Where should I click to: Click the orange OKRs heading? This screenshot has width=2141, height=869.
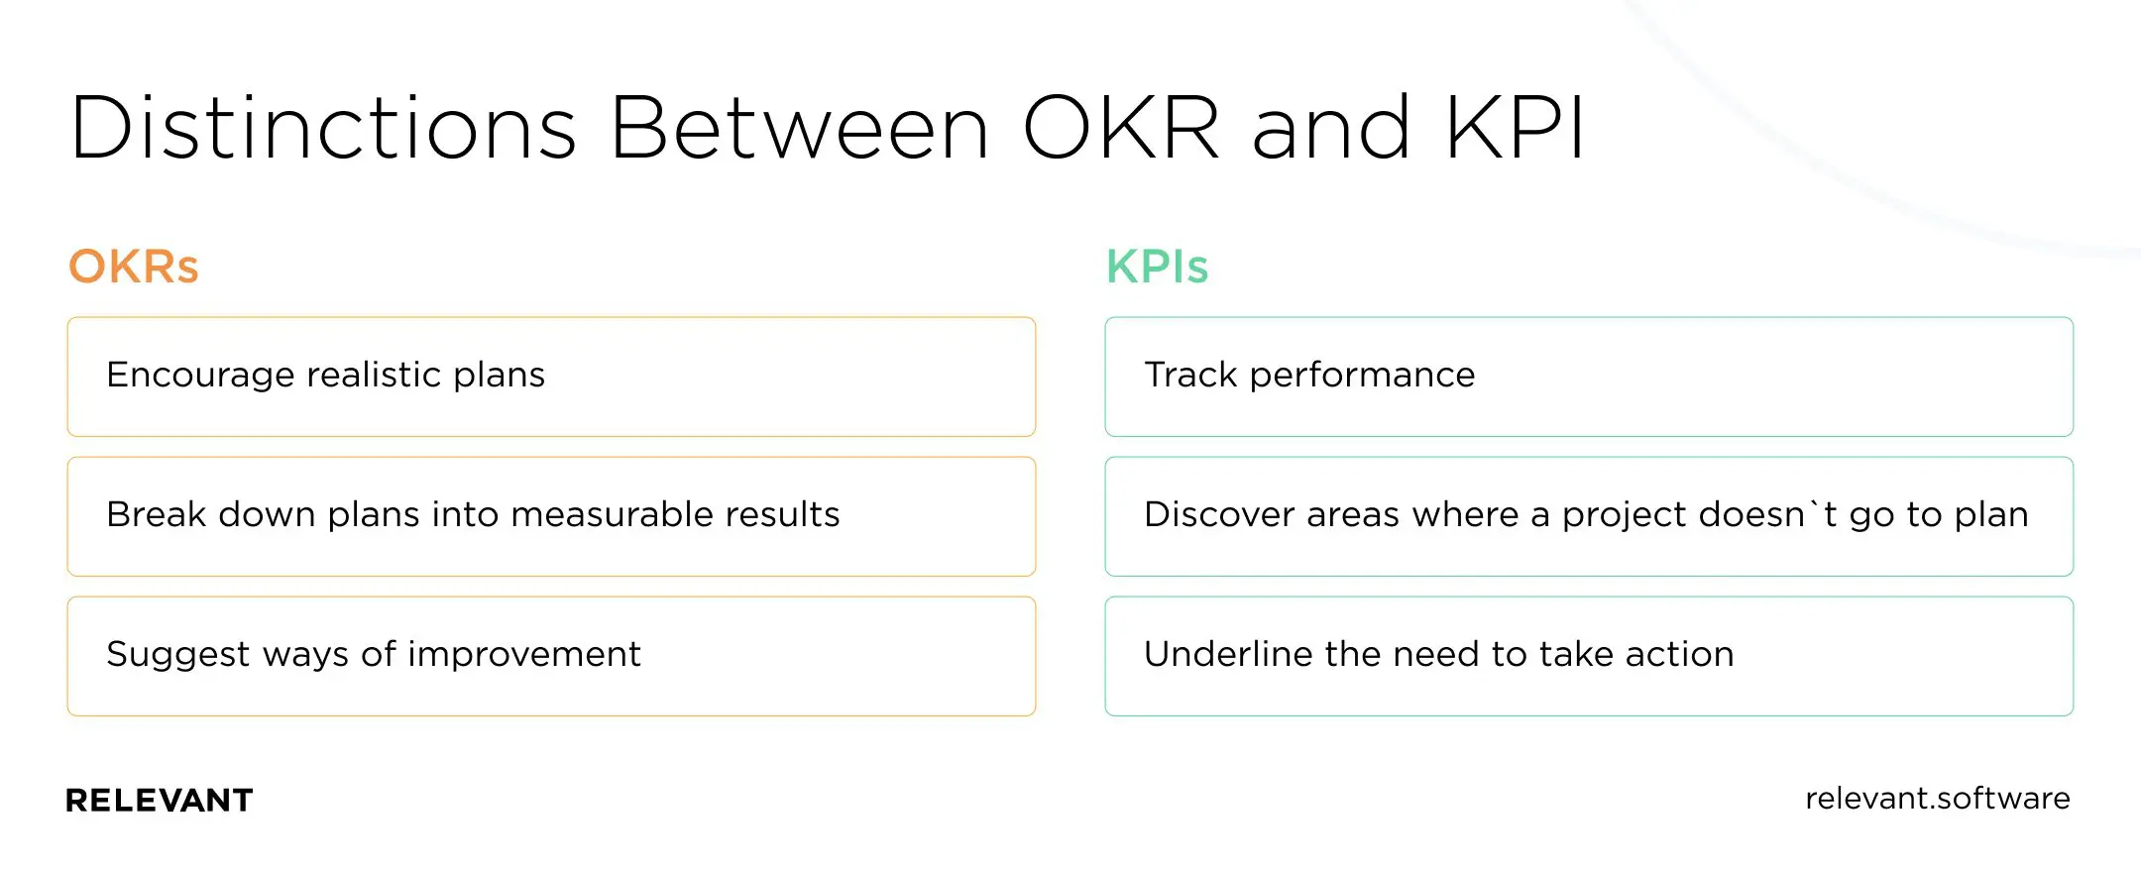pos(133,267)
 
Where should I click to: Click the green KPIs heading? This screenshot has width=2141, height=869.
pos(1157,267)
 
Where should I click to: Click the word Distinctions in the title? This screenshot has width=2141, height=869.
pos(323,128)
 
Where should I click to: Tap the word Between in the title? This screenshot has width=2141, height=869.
pos(799,128)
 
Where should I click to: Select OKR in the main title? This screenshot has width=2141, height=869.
pos(1120,128)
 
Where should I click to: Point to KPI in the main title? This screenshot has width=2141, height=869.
pos(1515,128)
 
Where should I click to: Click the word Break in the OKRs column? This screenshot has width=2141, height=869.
pos(156,514)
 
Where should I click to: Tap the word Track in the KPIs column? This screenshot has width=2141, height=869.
pos(1190,375)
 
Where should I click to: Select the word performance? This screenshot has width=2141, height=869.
pos(1362,376)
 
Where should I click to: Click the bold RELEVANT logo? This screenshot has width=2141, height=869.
pos(159,800)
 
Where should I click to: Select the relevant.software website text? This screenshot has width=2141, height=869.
pos(1937,799)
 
